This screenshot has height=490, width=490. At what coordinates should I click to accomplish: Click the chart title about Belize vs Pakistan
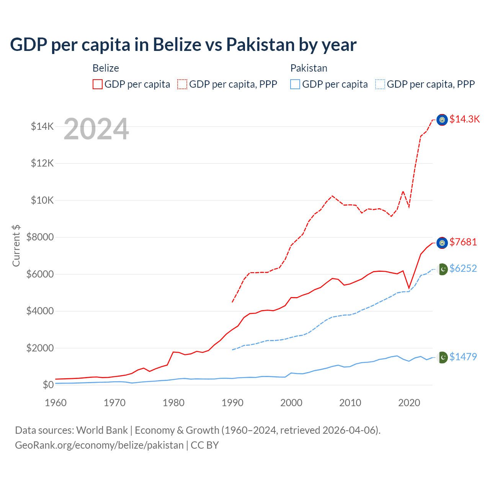pos(183,44)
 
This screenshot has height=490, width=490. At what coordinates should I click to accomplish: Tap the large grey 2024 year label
pos(96,129)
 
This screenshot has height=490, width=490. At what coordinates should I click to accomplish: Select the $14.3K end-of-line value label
pos(464,119)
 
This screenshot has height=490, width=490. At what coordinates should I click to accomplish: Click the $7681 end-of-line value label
pos(463,242)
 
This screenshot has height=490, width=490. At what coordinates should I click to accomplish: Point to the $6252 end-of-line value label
pos(463,268)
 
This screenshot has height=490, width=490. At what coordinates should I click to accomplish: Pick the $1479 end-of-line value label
pos(463,357)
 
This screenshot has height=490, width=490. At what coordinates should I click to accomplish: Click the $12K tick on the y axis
pos(42,163)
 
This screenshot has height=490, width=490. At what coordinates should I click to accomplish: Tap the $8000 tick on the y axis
pos(40,237)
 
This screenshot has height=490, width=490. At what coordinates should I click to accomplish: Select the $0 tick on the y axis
pos(48,385)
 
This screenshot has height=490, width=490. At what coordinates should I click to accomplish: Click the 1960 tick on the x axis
pos(56,403)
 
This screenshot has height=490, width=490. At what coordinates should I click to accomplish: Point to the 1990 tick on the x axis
pos(232,403)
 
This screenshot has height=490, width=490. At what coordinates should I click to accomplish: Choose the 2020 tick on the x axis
pos(409,403)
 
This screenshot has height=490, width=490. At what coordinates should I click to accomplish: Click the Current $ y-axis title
pos(16,246)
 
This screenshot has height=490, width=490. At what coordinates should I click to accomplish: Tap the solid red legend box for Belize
pos(98,84)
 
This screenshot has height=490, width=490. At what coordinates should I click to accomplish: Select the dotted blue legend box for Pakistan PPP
pos(380,84)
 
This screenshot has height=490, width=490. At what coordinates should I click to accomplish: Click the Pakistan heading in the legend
pos(309,68)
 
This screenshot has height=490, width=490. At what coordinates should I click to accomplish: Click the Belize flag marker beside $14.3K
pos(442,120)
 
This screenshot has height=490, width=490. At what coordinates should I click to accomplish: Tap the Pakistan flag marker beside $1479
pos(443,357)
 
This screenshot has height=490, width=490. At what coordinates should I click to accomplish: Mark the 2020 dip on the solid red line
pos(409,288)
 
